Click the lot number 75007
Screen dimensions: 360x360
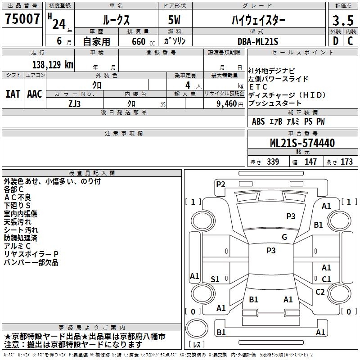point(22,19)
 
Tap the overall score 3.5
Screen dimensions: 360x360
point(342,20)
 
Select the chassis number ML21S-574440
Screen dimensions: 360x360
point(302,144)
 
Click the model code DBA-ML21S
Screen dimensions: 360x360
point(258,41)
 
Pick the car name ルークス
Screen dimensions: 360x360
point(115,20)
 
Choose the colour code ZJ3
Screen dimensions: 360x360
point(74,103)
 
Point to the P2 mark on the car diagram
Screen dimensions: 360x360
point(220,184)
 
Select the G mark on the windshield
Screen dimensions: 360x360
point(284,237)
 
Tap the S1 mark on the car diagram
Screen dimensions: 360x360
point(215,279)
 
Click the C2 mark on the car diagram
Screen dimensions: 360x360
point(320,292)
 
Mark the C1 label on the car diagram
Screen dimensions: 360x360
point(326,279)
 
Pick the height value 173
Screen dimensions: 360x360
point(346,162)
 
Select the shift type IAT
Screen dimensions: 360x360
point(13,94)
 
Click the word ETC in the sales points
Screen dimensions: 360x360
point(258,87)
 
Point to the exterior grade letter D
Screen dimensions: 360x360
point(335,41)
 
